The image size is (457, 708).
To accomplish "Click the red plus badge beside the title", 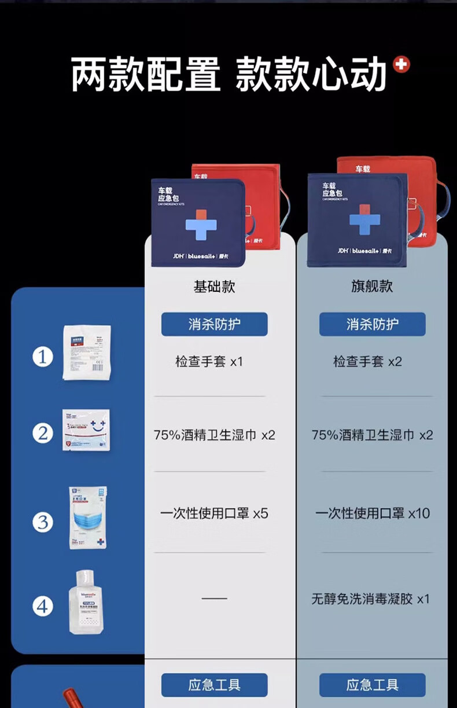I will pyautogui.click(x=401, y=65).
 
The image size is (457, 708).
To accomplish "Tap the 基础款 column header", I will pyautogui.click(x=214, y=287).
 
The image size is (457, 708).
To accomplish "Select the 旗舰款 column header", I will pyautogui.click(x=372, y=287).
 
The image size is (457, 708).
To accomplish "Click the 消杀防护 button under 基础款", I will pyautogui.click(x=214, y=324).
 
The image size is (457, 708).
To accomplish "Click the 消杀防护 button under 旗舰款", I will pyautogui.click(x=372, y=324).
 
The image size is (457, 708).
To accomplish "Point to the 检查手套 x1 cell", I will pyautogui.click(x=209, y=362).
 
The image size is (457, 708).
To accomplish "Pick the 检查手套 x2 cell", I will pyautogui.click(x=367, y=362).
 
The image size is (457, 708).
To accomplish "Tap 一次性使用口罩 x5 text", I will pyautogui.click(x=214, y=513).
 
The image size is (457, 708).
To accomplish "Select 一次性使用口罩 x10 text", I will pyautogui.click(x=372, y=513).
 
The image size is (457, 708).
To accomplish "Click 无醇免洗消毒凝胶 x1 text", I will pyautogui.click(x=371, y=599).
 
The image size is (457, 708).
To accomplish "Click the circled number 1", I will pyautogui.click(x=42, y=357).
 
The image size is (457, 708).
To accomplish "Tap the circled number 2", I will pyautogui.click(x=42, y=433).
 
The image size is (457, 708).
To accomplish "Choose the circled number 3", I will pyautogui.click(x=42, y=522).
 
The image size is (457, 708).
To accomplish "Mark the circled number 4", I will pyautogui.click(x=42, y=607).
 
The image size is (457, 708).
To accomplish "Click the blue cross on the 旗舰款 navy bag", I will pyautogui.click(x=364, y=220).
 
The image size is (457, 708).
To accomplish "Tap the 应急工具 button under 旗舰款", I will pyautogui.click(x=372, y=685).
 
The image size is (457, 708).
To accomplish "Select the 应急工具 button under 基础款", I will pyautogui.click(x=214, y=685).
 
